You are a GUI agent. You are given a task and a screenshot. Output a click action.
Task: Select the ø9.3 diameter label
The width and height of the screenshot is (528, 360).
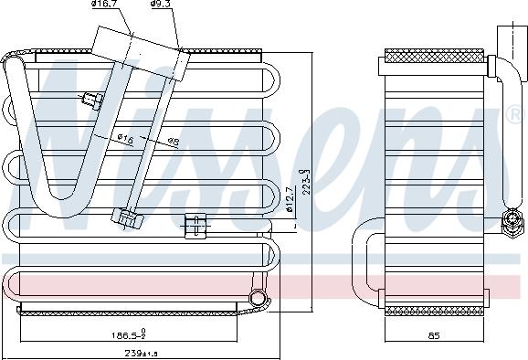click(162, 5)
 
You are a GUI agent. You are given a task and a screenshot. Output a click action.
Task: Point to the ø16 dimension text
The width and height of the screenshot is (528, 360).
click(125, 138)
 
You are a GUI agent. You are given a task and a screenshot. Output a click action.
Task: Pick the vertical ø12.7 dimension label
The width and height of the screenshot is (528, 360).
click(290, 199)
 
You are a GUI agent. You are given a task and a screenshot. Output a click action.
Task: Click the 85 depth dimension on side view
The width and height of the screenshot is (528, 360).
click(433, 336)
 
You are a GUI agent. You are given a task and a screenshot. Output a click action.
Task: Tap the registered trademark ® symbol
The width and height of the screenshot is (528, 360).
click(516, 115)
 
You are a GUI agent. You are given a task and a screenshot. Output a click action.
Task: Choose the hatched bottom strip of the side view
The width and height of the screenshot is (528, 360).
click(433, 311)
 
